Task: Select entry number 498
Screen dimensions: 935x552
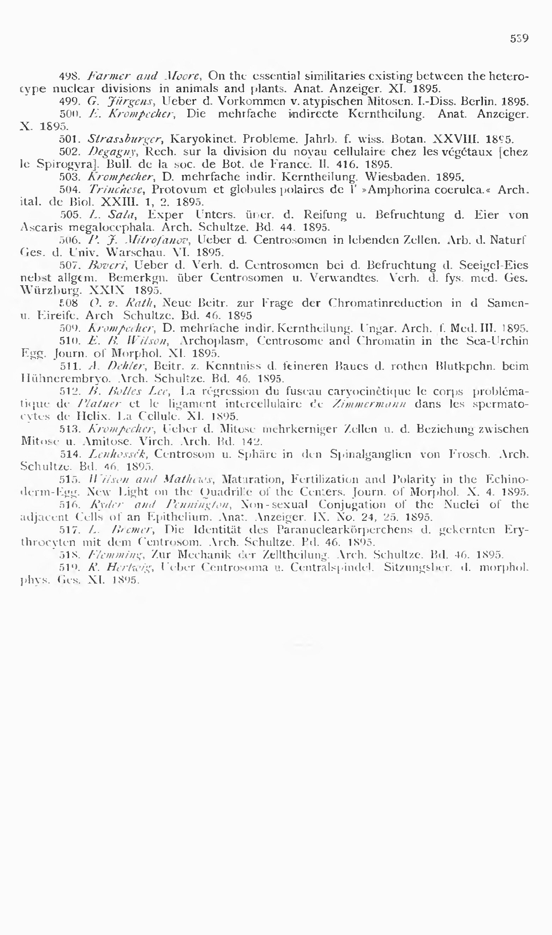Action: point(68,76)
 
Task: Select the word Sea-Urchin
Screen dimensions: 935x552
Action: point(499,341)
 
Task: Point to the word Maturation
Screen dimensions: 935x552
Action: point(251,479)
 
